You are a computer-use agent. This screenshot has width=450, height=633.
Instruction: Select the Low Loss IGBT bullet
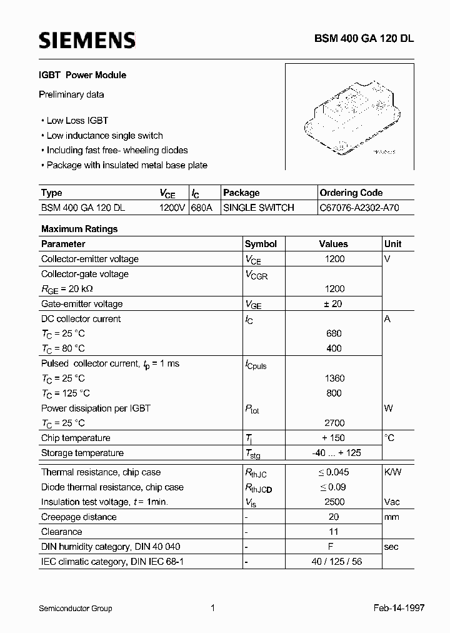[x=77, y=121]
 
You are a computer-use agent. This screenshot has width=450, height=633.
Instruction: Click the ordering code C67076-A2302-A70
[x=358, y=208]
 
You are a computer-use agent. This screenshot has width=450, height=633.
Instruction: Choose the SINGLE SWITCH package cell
[x=259, y=208]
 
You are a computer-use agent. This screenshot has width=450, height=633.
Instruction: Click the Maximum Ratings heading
[x=79, y=229]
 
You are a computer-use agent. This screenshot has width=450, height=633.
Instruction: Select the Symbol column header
[x=261, y=244]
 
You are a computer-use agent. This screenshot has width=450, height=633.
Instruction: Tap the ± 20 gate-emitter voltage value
[x=334, y=304]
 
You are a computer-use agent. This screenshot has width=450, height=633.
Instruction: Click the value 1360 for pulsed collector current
[x=334, y=378]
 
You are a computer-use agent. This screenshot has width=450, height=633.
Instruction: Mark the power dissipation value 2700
[x=334, y=423]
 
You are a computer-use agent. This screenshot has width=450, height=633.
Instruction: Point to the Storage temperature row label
[x=82, y=453]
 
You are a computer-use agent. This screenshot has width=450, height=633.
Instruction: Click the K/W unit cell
[x=392, y=472]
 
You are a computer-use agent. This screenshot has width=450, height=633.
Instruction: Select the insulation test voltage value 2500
[x=334, y=502]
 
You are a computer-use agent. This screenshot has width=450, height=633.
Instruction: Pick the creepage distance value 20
[x=334, y=517]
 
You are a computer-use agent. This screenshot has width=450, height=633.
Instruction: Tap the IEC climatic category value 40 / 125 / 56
[x=334, y=562]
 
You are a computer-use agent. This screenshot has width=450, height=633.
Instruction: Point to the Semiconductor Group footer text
[x=76, y=608]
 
